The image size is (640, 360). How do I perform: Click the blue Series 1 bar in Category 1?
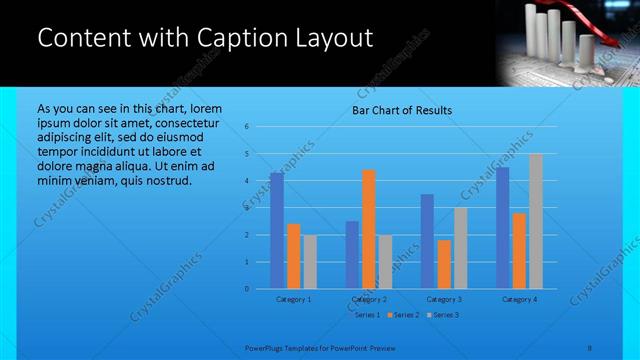(277, 231)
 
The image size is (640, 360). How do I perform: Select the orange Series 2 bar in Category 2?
(369, 229)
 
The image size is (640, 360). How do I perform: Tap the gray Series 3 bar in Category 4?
(536, 221)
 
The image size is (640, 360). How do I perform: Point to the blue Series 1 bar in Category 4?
(503, 228)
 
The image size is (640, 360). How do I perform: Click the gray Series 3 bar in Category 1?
(310, 262)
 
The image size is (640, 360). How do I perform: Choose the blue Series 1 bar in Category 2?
(352, 255)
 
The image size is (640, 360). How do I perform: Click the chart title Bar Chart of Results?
(402, 110)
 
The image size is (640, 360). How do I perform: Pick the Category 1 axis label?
(293, 299)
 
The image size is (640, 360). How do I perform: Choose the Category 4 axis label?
(519, 299)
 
